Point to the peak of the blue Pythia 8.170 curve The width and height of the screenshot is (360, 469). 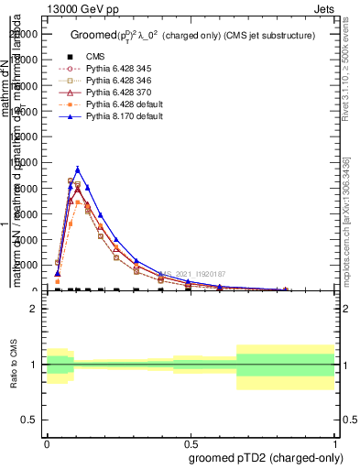pyautogui.click(x=78, y=169)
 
